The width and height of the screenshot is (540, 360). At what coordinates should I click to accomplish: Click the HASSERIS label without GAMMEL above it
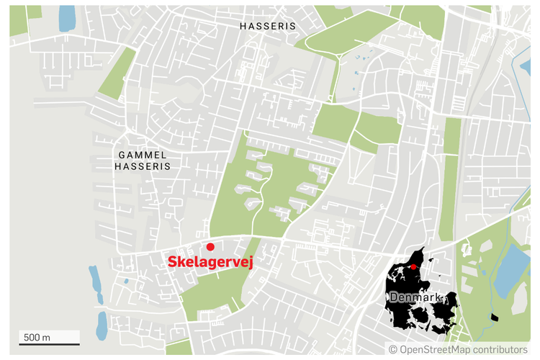point(267,25)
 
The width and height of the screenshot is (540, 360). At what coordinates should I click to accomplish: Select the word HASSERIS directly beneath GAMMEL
point(142,166)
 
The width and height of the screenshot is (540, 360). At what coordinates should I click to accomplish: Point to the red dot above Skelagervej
point(210,247)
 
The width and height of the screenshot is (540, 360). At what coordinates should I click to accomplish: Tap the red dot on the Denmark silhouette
point(413,267)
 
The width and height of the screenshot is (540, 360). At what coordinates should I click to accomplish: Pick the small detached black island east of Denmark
point(493,317)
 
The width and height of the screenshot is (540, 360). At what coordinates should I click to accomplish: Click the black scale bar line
point(49,344)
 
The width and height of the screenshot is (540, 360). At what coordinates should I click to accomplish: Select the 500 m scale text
point(37,336)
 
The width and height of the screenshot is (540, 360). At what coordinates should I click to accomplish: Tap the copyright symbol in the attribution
point(393,349)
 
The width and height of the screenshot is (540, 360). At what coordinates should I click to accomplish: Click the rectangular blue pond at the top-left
point(66,19)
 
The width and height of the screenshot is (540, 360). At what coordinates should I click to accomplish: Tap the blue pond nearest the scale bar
point(102,325)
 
